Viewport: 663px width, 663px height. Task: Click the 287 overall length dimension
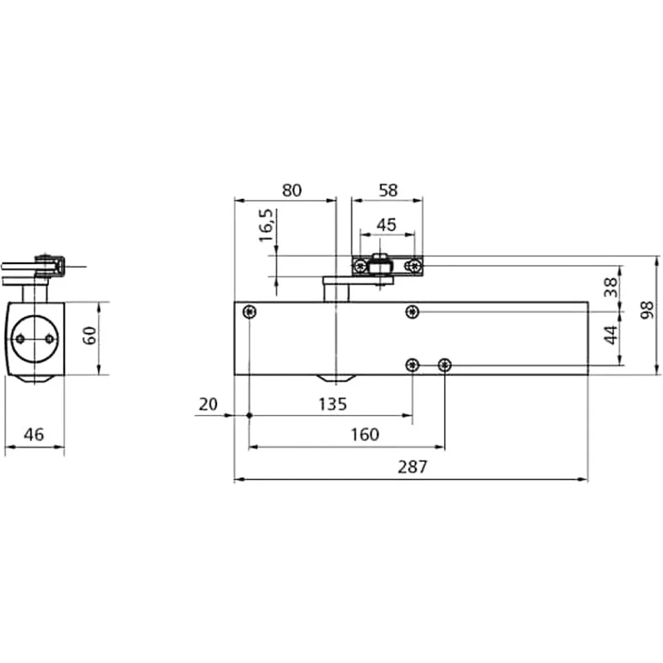click(x=412, y=467)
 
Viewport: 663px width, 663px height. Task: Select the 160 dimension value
click(x=365, y=435)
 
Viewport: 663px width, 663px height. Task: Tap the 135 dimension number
click(x=332, y=405)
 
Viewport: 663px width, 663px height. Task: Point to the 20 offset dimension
click(x=208, y=405)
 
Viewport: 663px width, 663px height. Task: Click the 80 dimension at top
click(x=292, y=191)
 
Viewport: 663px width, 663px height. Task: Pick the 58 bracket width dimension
click(x=388, y=190)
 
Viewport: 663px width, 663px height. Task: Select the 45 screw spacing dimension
click(x=387, y=225)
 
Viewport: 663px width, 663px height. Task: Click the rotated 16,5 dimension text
click(x=267, y=225)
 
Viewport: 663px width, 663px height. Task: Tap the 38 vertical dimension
click(x=611, y=287)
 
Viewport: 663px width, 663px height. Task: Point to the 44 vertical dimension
click(x=611, y=335)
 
